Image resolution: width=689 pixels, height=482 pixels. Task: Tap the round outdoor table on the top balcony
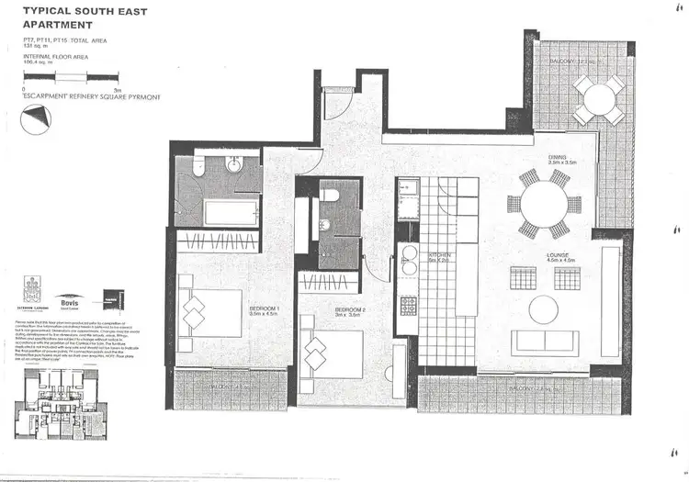[599, 98]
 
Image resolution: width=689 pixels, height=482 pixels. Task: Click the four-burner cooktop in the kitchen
[408, 306]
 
